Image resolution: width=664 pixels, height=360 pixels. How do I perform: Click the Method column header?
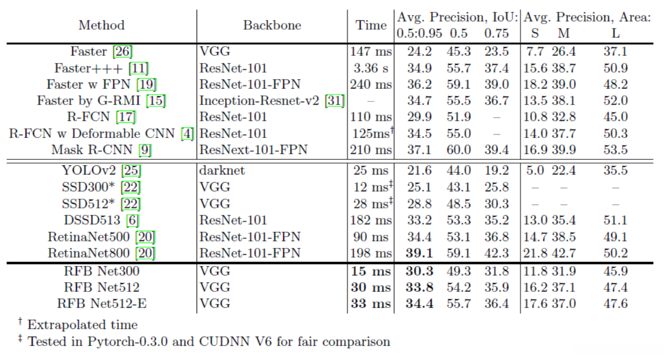point(101,25)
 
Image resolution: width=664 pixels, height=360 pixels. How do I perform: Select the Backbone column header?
point(272,25)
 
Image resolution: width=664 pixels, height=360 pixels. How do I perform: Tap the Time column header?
point(371,25)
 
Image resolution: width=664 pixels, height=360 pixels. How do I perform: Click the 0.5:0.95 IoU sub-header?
point(419,33)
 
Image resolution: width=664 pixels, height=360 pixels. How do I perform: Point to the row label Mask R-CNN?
point(91,149)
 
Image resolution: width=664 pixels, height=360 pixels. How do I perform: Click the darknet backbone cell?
point(222,170)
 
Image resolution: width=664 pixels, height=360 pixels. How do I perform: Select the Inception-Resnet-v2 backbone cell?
point(259,101)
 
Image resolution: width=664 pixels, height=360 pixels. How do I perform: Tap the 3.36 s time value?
point(371,68)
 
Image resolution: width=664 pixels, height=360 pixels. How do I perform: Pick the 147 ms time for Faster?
point(371,52)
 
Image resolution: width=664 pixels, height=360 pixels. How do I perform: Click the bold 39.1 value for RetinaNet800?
point(419,253)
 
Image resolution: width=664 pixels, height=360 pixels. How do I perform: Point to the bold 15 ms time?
point(371,271)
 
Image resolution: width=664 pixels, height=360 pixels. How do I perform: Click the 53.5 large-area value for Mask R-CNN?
point(616,149)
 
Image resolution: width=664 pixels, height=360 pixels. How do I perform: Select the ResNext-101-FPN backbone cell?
point(253,149)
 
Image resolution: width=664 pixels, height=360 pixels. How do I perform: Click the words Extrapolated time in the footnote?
point(82,325)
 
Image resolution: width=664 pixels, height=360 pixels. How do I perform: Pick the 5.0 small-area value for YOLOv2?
point(534,170)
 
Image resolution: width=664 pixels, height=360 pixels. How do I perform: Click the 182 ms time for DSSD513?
point(371,220)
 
